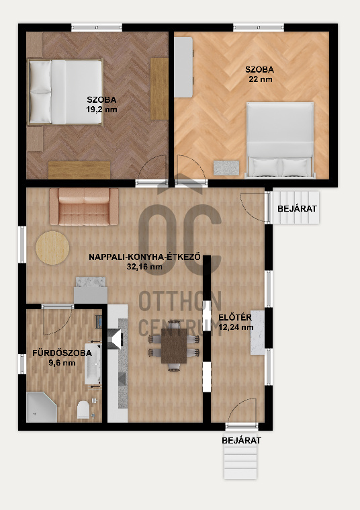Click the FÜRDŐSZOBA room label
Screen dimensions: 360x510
point(62,353)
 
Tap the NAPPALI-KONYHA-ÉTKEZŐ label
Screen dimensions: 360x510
point(144,257)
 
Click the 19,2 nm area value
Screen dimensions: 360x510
point(101,110)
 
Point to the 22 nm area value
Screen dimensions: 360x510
point(260,79)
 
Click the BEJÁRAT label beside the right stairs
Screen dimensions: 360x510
point(297,208)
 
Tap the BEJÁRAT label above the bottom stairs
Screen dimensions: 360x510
point(241,440)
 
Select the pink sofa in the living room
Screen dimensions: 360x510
point(84,206)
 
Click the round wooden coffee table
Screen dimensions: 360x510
point(52,248)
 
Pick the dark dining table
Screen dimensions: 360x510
point(174,346)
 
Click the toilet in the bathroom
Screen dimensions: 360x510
point(83,410)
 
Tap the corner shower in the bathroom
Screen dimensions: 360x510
point(41,407)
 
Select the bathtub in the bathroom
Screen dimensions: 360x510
point(93,364)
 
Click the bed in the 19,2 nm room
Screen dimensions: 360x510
point(65,92)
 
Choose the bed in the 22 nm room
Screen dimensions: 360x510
point(280,140)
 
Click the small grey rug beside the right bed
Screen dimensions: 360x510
point(226,168)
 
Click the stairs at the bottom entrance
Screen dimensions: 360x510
point(240,462)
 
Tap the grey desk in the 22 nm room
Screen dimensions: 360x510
point(183,67)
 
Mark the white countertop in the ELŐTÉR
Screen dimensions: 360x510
point(257,333)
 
